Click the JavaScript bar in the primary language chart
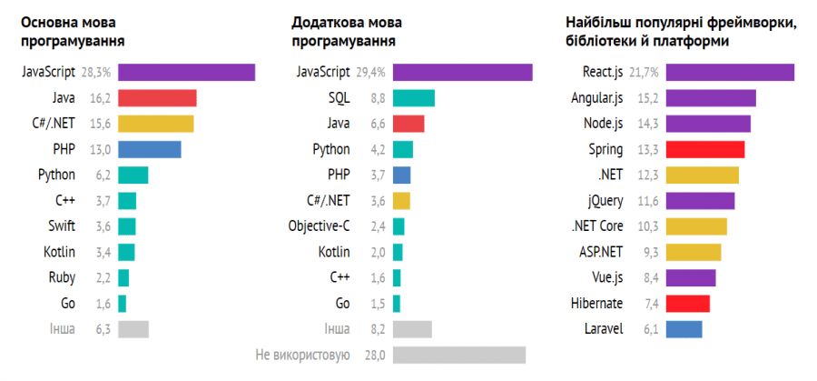tap(186, 73)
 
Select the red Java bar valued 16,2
tap(157, 98)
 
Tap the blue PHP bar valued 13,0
tap(149, 149)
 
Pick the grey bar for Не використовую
tap(458, 355)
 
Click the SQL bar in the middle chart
tap(413, 98)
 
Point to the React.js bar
tap(730, 73)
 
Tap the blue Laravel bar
tap(684, 329)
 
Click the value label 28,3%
tap(96, 73)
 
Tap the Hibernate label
tap(596, 304)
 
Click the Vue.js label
tap(604, 278)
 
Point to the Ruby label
tap(62, 277)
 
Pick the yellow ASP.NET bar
tap(694, 252)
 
